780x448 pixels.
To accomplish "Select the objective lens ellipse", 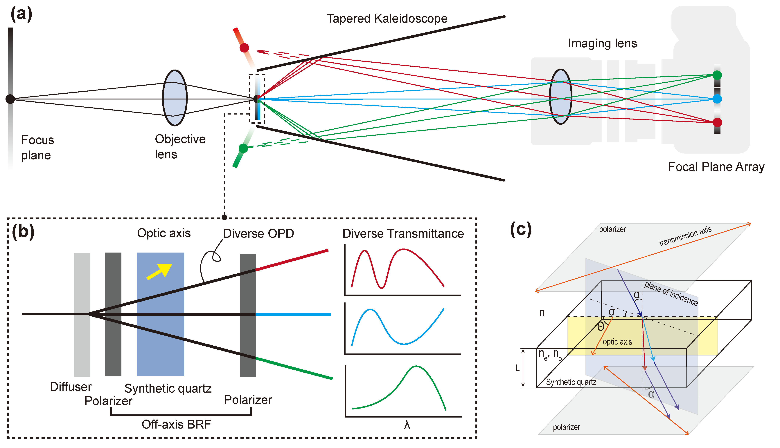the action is pyautogui.click(x=175, y=98).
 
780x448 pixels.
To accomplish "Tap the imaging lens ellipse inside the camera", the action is pyautogui.click(x=560, y=97).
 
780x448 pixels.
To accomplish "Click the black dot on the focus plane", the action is pyautogui.click(x=10, y=99).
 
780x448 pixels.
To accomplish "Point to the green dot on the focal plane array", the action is pyautogui.click(x=717, y=75).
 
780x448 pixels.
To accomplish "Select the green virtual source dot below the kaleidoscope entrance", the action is pyautogui.click(x=243, y=148).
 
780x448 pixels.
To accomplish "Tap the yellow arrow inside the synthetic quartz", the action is pyautogui.click(x=159, y=271).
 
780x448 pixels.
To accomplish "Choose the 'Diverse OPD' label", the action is pyautogui.click(x=258, y=233).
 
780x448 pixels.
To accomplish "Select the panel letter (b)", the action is pyautogui.click(x=23, y=231).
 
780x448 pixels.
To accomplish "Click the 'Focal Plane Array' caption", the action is pyautogui.click(x=716, y=167).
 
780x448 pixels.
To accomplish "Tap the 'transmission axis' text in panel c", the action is pyautogui.click(x=685, y=236).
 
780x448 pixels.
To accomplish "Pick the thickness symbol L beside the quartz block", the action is pyautogui.click(x=518, y=368).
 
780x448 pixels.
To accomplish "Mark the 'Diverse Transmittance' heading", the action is pyautogui.click(x=403, y=233).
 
